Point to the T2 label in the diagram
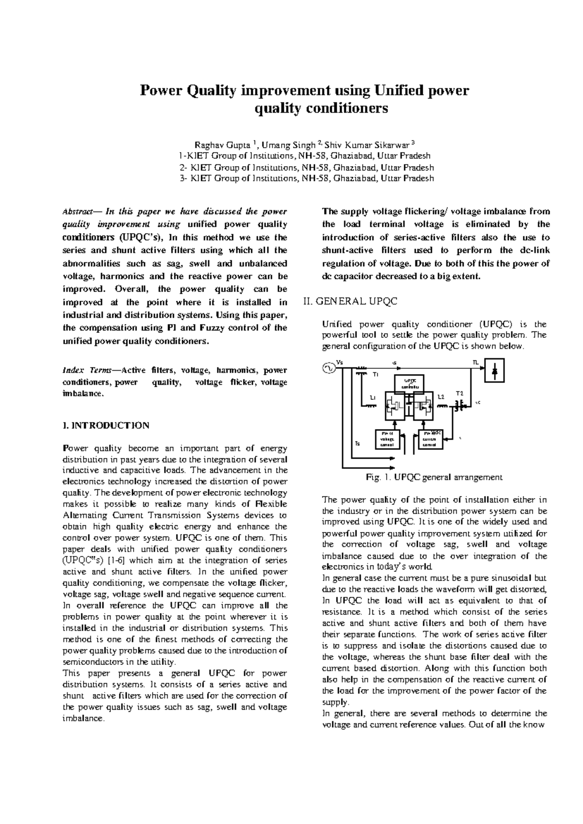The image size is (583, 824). pyautogui.click(x=459, y=393)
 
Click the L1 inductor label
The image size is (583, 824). pyautogui.click(x=372, y=398)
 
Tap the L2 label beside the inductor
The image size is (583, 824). pyautogui.click(x=441, y=397)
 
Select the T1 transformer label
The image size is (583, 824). pyautogui.click(x=375, y=375)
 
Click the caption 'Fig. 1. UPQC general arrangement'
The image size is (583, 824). pyautogui.click(x=434, y=477)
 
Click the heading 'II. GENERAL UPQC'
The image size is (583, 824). pyautogui.click(x=350, y=301)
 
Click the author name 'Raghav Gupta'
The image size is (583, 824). pyautogui.click(x=223, y=145)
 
